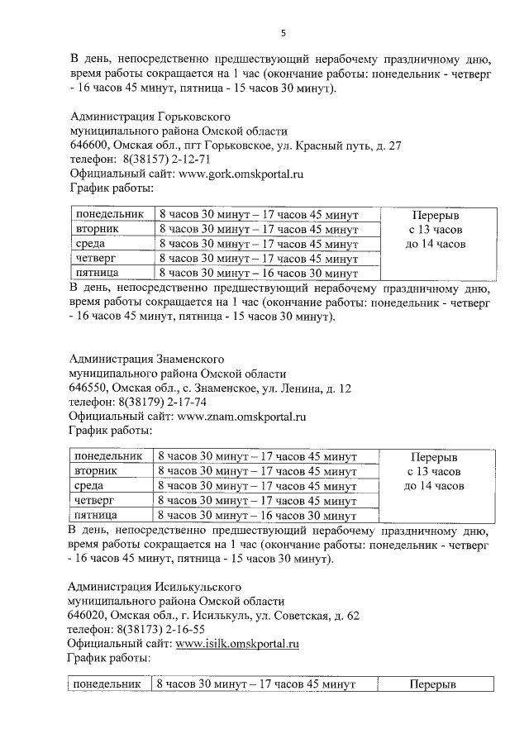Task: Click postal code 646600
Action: coord(88,145)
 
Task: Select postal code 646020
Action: coord(88,615)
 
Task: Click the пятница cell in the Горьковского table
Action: coord(98,272)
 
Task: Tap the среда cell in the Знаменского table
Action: coord(89,486)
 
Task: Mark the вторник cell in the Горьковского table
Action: coord(98,228)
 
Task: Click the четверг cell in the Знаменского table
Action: coord(93,500)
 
